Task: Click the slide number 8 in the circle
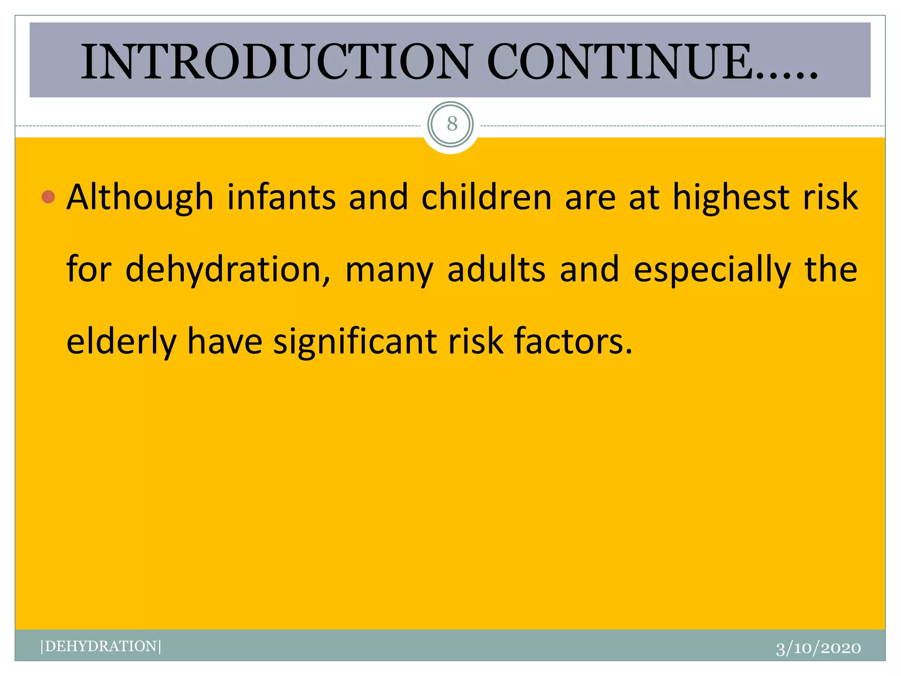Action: click(x=452, y=124)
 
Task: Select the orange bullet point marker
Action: click(x=48, y=197)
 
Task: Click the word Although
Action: click(x=140, y=198)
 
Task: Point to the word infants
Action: click(x=282, y=198)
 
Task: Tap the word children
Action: click(x=487, y=198)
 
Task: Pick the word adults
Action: click(x=497, y=269)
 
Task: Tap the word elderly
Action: click(x=121, y=342)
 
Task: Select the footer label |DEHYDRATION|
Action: click(x=101, y=646)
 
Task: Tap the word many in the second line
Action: click(x=389, y=269)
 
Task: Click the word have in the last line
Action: click(x=225, y=342)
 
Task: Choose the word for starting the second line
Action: click(x=89, y=269)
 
